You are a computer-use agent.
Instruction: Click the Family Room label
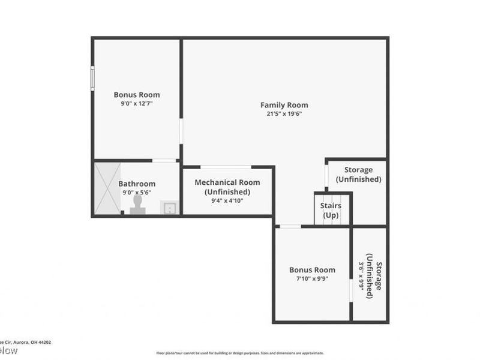[x=284, y=105]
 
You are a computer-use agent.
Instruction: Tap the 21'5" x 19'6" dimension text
[x=284, y=114]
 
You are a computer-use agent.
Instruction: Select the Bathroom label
[x=137, y=184]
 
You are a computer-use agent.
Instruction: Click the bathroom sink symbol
[x=170, y=208]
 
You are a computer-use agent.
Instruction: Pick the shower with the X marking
[x=105, y=188]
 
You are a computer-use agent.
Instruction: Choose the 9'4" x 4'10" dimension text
[x=227, y=201]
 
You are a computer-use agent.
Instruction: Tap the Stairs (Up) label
[x=331, y=210]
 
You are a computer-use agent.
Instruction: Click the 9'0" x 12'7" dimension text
[x=137, y=103]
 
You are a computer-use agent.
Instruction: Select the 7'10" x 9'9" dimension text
[x=312, y=278]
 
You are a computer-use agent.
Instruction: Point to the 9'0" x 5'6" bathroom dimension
[x=137, y=193]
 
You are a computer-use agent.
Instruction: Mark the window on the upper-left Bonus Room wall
[x=92, y=78]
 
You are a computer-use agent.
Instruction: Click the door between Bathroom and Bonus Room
[x=164, y=160]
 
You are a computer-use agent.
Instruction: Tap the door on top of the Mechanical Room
[x=226, y=167]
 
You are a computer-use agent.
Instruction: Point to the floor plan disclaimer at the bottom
[x=240, y=353]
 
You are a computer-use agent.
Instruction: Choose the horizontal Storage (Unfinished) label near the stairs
[x=358, y=175]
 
